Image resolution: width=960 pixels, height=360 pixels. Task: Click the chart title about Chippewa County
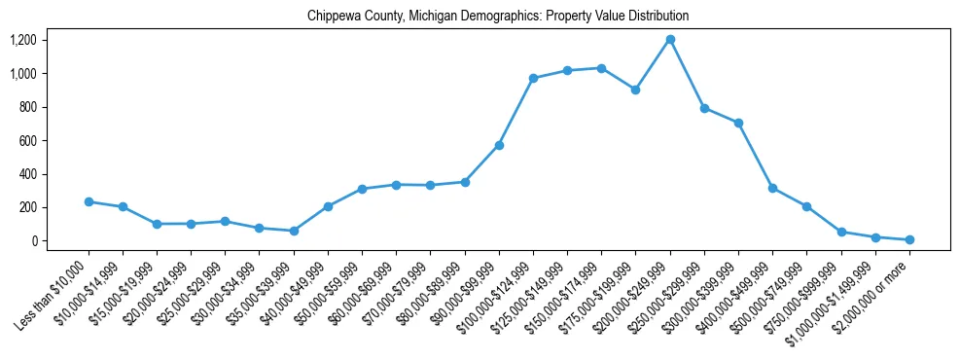pyautogui.click(x=497, y=17)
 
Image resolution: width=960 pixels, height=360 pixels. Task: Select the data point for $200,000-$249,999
pyautogui.click(x=670, y=40)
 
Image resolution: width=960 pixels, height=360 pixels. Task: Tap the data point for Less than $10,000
pyautogui.click(x=89, y=201)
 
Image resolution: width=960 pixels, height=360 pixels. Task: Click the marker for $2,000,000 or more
pyautogui.click(x=909, y=239)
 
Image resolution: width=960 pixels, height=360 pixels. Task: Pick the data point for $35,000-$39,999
pyautogui.click(x=294, y=231)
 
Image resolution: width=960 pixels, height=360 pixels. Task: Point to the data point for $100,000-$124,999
pyautogui.click(x=533, y=78)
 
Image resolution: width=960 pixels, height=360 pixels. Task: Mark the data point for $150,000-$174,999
pyautogui.click(x=601, y=68)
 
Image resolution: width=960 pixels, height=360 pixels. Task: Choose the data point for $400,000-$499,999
pyautogui.click(x=772, y=188)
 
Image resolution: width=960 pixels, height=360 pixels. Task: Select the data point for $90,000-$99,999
pyautogui.click(x=499, y=145)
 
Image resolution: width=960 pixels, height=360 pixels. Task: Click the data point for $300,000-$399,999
pyautogui.click(x=738, y=123)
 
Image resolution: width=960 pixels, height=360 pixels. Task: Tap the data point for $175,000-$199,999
pyautogui.click(x=635, y=90)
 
